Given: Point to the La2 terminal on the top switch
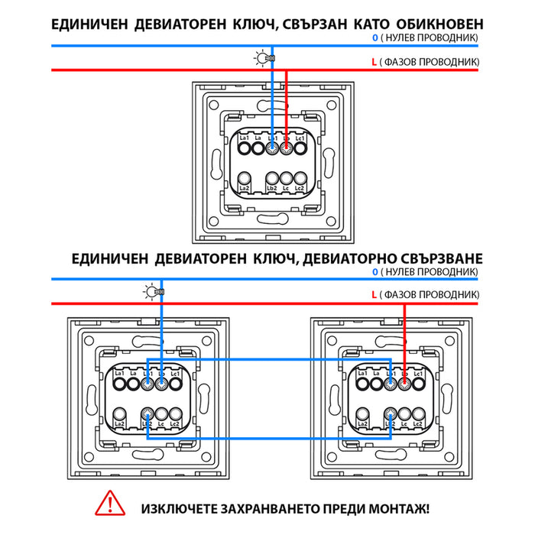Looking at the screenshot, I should (244, 183).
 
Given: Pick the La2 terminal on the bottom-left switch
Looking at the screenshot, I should (119, 417).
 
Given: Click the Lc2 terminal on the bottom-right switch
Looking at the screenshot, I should (418, 417).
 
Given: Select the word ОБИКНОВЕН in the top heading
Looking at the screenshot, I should (438, 24).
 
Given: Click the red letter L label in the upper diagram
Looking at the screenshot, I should (372, 60).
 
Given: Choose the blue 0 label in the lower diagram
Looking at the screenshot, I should (374, 272).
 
